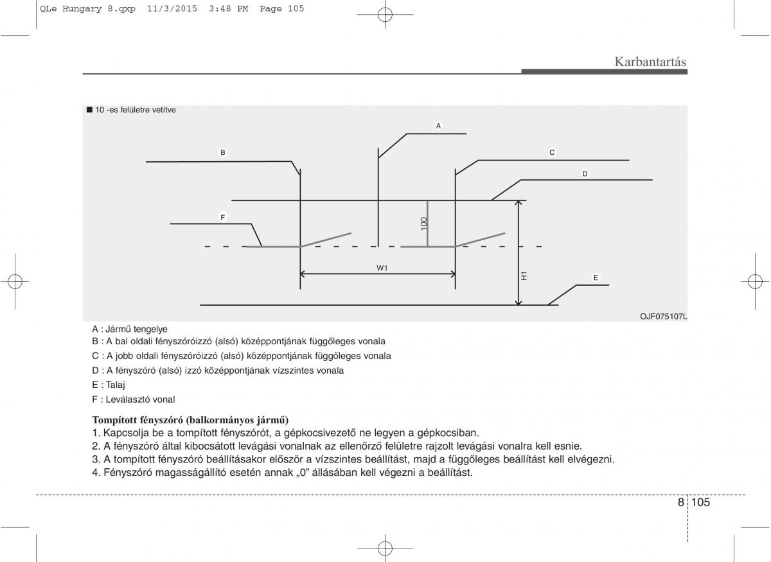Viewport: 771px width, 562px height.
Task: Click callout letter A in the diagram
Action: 438,126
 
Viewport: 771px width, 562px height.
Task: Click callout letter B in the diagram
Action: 223,153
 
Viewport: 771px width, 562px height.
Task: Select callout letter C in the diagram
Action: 551,153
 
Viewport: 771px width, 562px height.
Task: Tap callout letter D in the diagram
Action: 585,174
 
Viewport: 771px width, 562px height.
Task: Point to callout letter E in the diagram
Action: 596,278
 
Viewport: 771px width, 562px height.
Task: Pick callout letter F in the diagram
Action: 223,218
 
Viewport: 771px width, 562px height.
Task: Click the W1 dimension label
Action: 382,268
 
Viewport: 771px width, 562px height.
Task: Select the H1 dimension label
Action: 524,276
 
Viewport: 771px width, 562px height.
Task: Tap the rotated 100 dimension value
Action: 424,223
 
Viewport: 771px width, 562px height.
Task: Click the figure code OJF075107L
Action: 663,316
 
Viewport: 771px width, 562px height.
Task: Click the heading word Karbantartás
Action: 650,62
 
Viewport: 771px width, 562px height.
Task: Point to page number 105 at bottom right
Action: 701,502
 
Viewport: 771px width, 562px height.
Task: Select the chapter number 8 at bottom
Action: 680,502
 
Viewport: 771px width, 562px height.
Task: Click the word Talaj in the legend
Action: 116,385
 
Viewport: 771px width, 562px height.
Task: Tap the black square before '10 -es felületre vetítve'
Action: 90,110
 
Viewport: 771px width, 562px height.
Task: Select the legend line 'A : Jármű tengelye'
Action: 130,329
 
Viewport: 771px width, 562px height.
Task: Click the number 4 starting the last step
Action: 95,473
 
